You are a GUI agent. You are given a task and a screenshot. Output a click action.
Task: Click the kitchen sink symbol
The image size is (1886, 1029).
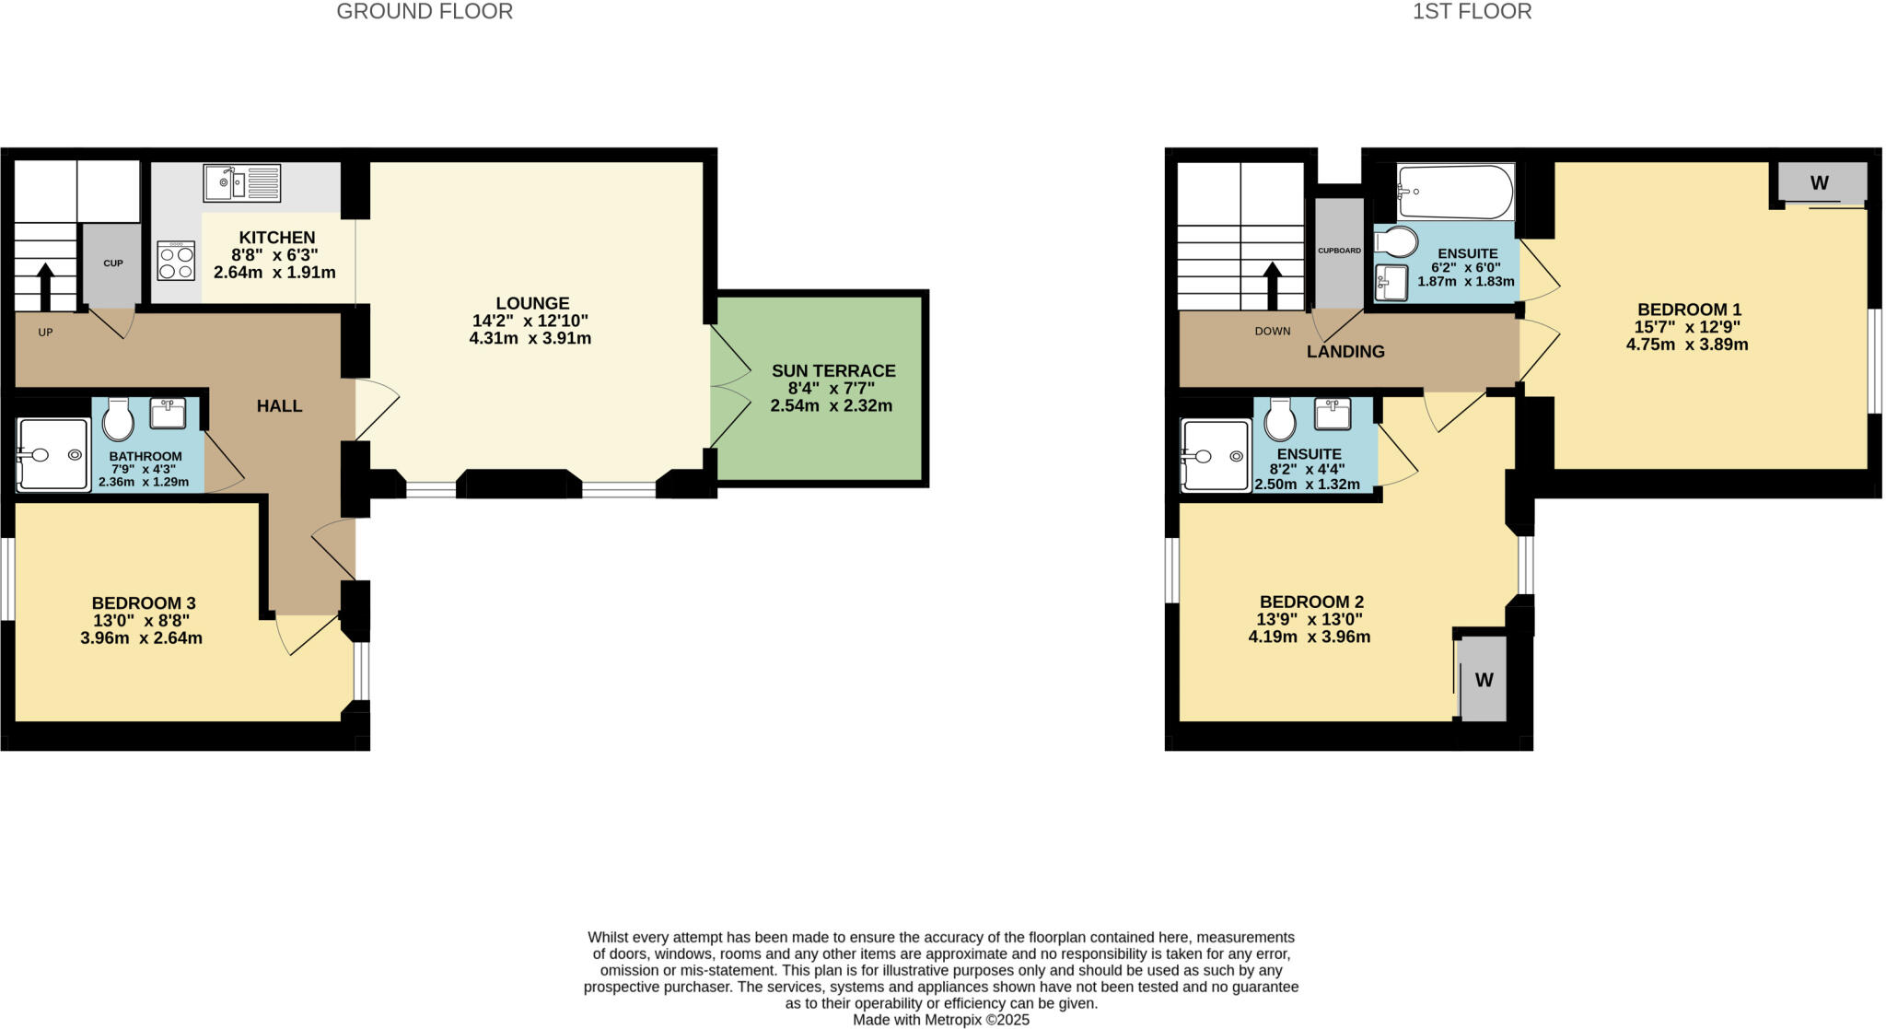pos(241,182)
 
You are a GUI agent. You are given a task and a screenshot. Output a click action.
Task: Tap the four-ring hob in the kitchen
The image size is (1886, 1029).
pos(176,260)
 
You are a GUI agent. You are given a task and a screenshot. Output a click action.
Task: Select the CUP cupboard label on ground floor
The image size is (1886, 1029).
pos(112,263)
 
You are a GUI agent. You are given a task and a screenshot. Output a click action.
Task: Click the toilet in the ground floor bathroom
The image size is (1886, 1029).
pos(118,420)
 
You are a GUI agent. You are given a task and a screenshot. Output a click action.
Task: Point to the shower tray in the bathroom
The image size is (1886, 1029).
pos(53,454)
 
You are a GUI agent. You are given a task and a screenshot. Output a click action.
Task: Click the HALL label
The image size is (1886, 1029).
pos(279,406)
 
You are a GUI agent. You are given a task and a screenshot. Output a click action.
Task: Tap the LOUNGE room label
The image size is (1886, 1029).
pos(532,303)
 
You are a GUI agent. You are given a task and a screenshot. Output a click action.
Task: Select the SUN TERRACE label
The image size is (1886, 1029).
pos(832,371)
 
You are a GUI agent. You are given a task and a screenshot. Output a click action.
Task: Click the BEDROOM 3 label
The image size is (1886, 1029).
pos(143,603)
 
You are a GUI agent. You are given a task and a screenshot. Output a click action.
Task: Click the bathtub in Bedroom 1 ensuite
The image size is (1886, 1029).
pos(1454,192)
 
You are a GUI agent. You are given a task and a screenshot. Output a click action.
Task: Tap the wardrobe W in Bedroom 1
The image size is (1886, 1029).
pos(1819,182)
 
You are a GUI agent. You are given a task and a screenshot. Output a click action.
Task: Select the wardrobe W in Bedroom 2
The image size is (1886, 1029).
pos(1484,680)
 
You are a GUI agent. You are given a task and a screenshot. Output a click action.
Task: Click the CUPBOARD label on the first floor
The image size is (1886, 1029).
pos(1339,251)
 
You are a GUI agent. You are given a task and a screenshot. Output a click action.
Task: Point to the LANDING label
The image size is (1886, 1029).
pos(1345,352)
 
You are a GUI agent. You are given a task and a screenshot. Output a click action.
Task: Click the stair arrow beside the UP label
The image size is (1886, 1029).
pos(44,286)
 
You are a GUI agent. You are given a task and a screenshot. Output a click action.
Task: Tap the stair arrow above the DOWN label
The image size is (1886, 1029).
pos(1273,286)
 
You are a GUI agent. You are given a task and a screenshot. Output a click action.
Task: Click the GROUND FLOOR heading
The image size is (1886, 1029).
pos(425,12)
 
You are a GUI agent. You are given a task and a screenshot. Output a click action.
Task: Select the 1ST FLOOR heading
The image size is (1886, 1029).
pos(1472,12)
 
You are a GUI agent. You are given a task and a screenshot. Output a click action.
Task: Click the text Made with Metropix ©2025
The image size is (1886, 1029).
pos(940,1020)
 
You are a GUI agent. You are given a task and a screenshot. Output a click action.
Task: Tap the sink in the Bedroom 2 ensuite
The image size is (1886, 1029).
pos(1332,414)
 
